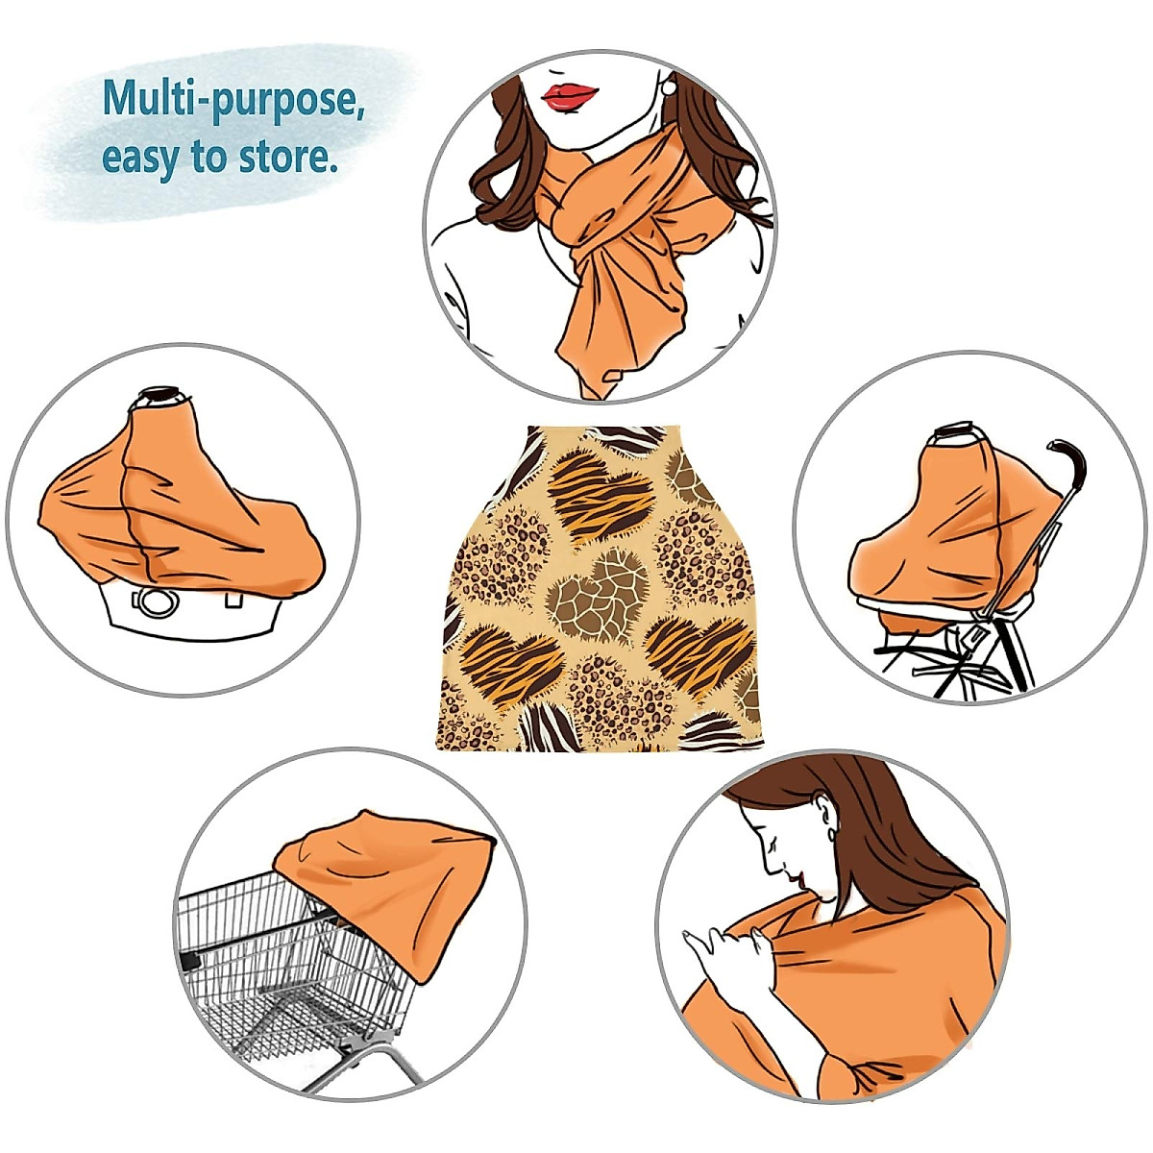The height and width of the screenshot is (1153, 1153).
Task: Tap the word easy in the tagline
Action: tap(141, 158)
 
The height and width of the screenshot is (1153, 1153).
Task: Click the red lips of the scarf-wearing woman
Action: tap(570, 95)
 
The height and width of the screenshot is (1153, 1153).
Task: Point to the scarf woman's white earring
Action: tap(667, 87)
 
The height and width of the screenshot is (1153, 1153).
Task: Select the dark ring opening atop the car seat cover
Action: tap(160, 395)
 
